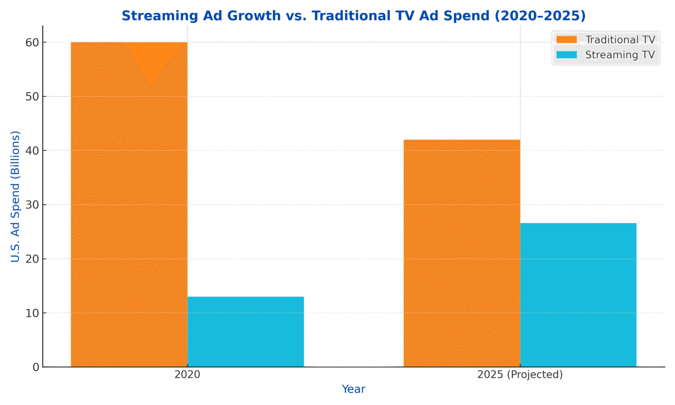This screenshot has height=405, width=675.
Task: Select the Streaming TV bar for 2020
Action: tap(246, 332)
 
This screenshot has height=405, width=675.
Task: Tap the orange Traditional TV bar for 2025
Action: tap(461, 253)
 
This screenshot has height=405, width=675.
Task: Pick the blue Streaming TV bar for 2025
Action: tap(578, 295)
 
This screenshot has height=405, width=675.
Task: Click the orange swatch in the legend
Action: tap(566, 40)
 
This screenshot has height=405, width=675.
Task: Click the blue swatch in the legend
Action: tap(566, 55)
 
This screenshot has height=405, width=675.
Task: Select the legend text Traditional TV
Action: tap(620, 40)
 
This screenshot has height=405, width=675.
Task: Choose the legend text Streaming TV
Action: tap(620, 55)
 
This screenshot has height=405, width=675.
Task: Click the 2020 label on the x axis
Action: tap(187, 375)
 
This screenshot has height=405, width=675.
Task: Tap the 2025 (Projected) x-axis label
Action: tap(520, 375)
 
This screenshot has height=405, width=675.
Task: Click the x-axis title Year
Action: tap(353, 389)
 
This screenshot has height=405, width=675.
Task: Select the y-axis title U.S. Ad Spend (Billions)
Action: tap(15, 196)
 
